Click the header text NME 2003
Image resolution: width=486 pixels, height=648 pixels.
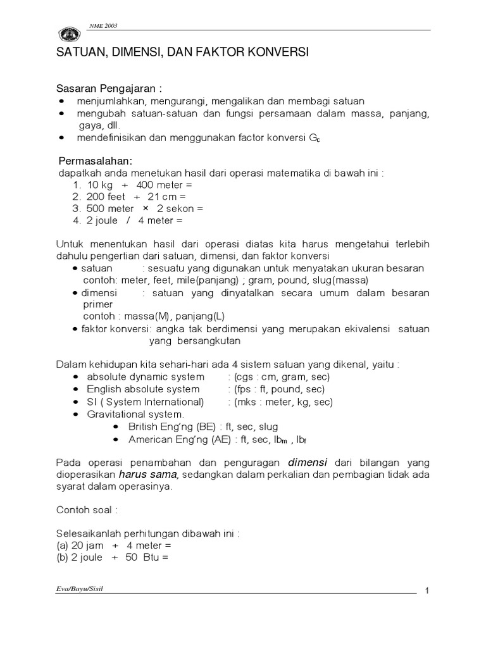pyautogui.click(x=103, y=26)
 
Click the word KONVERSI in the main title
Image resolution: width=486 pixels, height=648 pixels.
pyautogui.click(x=278, y=53)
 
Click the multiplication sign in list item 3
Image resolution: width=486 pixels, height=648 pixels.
pyautogui.click(x=145, y=208)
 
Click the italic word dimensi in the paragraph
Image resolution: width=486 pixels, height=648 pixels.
pyautogui.click(x=309, y=461)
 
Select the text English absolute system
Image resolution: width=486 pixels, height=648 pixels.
pyautogui.click(x=143, y=389)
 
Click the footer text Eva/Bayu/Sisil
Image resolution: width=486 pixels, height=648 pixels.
pyautogui.click(x=81, y=589)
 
